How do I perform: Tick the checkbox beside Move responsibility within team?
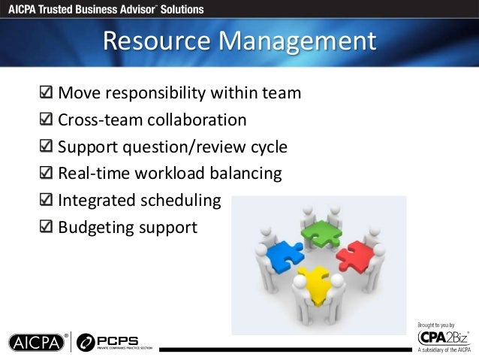click(x=46, y=94)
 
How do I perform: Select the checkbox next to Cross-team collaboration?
click(x=46, y=120)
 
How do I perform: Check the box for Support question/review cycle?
click(x=46, y=147)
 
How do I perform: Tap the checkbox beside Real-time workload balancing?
click(x=46, y=174)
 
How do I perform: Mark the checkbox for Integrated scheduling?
click(x=46, y=201)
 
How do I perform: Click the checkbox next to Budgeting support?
click(x=46, y=227)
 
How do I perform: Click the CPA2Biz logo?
click(x=441, y=337)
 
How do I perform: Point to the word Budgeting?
click(x=97, y=227)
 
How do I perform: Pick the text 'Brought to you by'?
click(x=436, y=324)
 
